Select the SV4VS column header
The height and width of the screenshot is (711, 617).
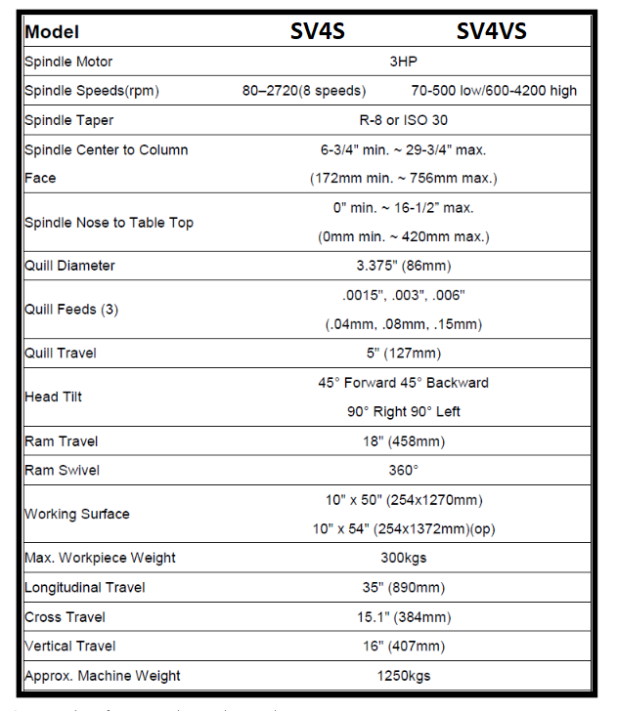[x=491, y=31]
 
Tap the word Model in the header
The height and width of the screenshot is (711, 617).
[x=52, y=32]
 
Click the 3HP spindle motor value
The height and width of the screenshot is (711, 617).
[x=403, y=62]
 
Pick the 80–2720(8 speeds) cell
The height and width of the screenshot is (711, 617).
[x=304, y=91]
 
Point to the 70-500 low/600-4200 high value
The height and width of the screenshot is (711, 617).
[x=495, y=91]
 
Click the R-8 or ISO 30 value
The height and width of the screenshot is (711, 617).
[x=403, y=120]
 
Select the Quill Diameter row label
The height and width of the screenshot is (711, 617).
[x=69, y=266]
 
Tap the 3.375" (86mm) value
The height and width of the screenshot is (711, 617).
[x=403, y=266]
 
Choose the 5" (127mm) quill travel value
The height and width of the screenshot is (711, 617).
[x=403, y=353]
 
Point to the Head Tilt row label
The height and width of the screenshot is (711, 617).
[x=54, y=397]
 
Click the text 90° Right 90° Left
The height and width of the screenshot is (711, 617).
[x=403, y=411]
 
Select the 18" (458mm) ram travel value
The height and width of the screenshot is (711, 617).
[x=403, y=441]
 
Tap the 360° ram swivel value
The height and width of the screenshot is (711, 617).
[x=403, y=470]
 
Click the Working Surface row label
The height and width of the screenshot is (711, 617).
[x=76, y=514]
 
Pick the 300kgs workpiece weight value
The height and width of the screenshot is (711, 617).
[x=403, y=558]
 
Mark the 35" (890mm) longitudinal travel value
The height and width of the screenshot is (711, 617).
[x=403, y=587]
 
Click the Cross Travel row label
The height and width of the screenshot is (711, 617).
[x=65, y=617]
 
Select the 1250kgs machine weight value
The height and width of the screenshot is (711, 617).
[x=403, y=675]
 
